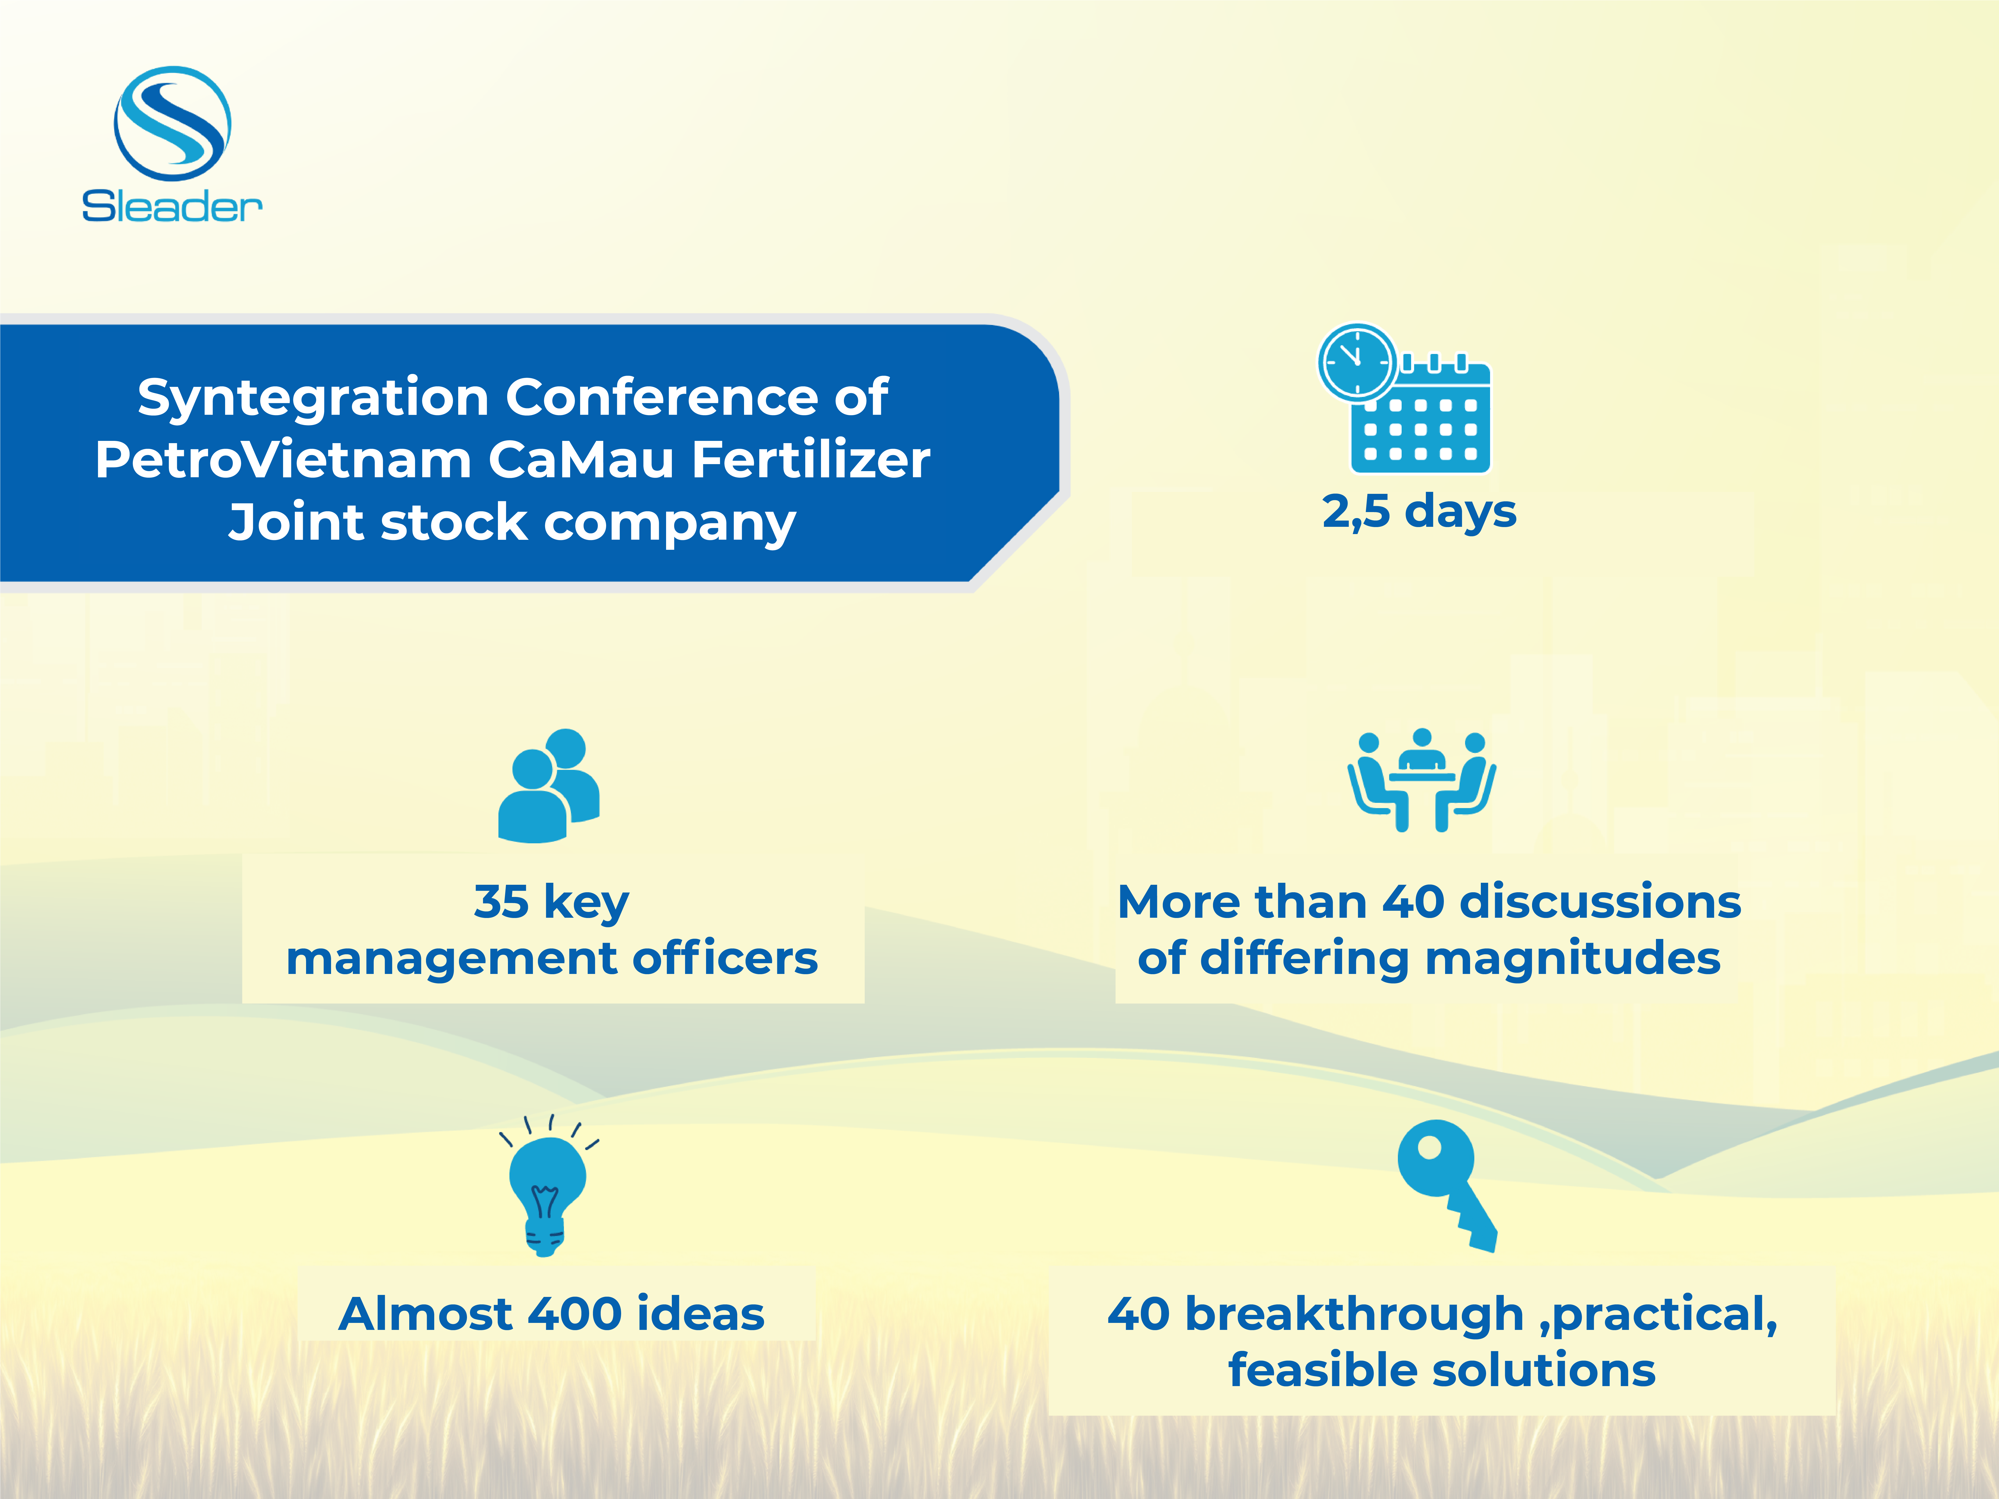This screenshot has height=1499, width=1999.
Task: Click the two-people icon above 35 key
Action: coord(549,785)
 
